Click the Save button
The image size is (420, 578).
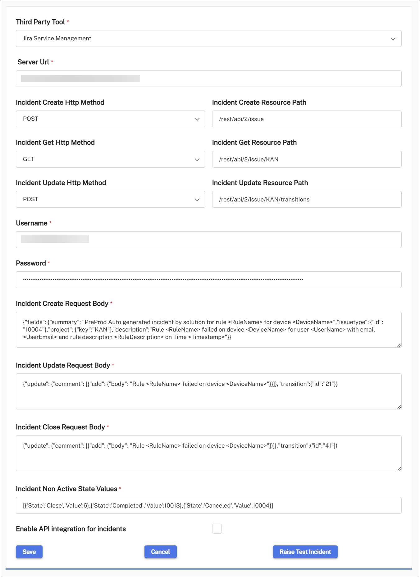(29, 552)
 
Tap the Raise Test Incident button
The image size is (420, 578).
(305, 552)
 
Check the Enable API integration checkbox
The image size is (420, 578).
(217, 528)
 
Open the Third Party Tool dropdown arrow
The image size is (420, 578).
(393, 39)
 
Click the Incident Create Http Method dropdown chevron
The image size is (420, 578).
(197, 119)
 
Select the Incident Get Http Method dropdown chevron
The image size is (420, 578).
(197, 160)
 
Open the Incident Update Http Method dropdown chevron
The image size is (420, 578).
(197, 200)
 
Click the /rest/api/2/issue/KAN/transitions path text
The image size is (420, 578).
(264, 200)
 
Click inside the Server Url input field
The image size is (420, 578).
(208, 79)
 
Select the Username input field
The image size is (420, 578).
(208, 240)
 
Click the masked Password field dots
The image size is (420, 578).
(163, 280)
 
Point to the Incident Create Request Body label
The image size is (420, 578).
(62, 304)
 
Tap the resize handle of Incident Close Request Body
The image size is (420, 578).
(399, 469)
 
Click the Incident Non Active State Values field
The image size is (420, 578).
(208, 505)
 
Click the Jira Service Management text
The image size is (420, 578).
(57, 38)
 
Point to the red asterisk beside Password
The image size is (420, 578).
(49, 263)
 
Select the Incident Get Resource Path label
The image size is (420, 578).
(254, 142)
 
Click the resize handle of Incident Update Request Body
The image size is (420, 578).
(399, 407)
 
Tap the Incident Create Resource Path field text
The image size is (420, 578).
(241, 119)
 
